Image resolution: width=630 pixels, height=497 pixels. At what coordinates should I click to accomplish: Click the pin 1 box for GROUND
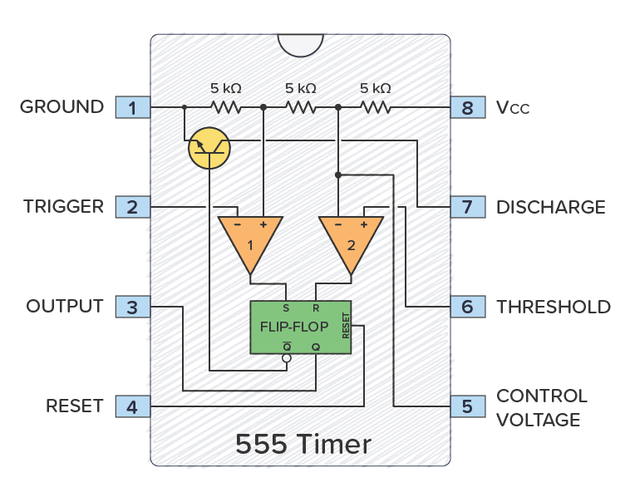(132, 107)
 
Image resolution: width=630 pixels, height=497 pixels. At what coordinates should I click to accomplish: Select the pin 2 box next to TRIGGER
(132, 207)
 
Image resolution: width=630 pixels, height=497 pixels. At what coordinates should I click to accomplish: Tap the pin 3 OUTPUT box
(132, 307)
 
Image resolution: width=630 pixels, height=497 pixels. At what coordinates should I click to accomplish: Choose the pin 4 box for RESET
(132, 406)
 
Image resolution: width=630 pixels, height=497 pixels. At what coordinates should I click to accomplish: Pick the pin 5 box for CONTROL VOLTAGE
(467, 406)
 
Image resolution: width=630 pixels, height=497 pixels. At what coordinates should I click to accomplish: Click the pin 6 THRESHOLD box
(467, 307)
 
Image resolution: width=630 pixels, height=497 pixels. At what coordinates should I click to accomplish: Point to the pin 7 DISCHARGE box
(467, 207)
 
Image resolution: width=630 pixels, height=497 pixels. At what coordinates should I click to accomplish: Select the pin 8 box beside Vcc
(467, 107)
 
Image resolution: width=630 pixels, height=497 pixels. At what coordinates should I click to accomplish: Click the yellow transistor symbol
(209, 148)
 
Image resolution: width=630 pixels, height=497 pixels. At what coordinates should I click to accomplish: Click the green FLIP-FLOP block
(300, 327)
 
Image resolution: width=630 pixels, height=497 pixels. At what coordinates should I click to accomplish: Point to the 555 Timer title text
(303, 444)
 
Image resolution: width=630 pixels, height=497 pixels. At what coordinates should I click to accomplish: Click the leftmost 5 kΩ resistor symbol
(225, 107)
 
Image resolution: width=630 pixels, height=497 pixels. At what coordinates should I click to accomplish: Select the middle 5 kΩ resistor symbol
(301, 107)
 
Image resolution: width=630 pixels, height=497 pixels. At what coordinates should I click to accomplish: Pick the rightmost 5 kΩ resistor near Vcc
(376, 107)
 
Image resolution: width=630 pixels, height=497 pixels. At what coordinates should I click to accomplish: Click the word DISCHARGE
(550, 207)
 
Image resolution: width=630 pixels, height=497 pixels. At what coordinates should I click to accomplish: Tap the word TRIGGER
(63, 207)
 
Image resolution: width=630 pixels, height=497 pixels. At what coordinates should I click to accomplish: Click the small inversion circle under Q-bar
(287, 359)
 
